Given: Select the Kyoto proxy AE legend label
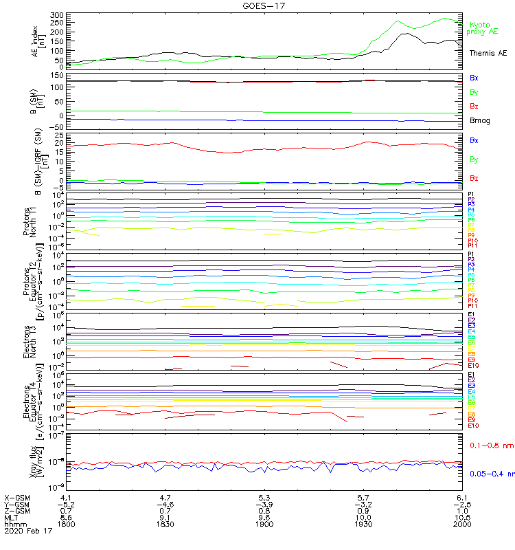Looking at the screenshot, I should (483, 28).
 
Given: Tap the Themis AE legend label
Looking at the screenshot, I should (488, 53).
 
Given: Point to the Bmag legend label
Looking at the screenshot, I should (479, 121).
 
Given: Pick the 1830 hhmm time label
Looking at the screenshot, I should (165, 525).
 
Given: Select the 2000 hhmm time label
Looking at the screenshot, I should (461, 525).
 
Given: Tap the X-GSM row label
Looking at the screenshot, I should (19, 497).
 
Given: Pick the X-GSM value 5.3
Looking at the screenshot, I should (265, 497).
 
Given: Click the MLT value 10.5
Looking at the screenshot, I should (461, 518).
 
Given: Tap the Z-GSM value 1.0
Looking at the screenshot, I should (461, 511).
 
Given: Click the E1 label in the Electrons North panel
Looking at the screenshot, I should (472, 315).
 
